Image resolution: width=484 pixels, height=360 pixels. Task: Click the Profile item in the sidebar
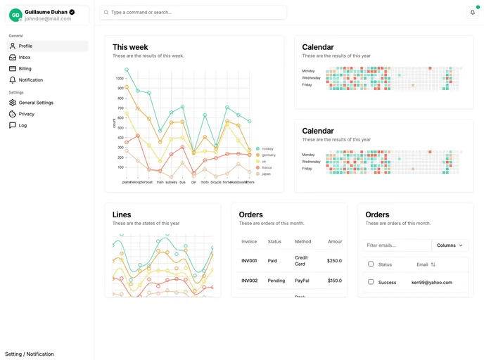(x=25, y=46)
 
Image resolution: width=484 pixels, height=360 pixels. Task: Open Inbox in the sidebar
(x=25, y=57)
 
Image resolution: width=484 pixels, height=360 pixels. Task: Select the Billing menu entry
(x=25, y=69)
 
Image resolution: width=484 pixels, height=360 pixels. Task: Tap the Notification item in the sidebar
(x=30, y=80)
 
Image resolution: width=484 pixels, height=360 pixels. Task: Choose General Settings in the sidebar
(x=35, y=103)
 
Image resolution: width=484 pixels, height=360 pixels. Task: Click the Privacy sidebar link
(x=26, y=114)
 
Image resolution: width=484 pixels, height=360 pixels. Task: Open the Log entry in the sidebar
(x=23, y=125)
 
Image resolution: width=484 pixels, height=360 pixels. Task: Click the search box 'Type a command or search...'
(x=193, y=12)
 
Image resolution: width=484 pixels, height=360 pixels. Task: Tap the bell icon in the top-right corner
(x=473, y=12)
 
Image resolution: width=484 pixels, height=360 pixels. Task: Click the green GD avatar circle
(x=15, y=15)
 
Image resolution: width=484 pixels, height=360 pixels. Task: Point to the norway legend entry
(x=265, y=148)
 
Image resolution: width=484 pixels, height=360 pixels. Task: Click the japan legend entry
(x=264, y=174)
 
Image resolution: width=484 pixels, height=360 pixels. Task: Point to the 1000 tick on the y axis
(x=120, y=78)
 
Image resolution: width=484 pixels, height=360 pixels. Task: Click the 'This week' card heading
(x=130, y=47)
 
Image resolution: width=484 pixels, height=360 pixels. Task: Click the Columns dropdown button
(x=450, y=245)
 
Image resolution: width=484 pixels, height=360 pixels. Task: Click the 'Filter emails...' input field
(x=397, y=245)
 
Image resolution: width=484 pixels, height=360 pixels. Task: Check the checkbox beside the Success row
(x=371, y=282)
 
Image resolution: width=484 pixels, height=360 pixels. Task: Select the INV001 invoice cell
(x=249, y=261)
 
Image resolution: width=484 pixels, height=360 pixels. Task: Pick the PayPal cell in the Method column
(x=302, y=281)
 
